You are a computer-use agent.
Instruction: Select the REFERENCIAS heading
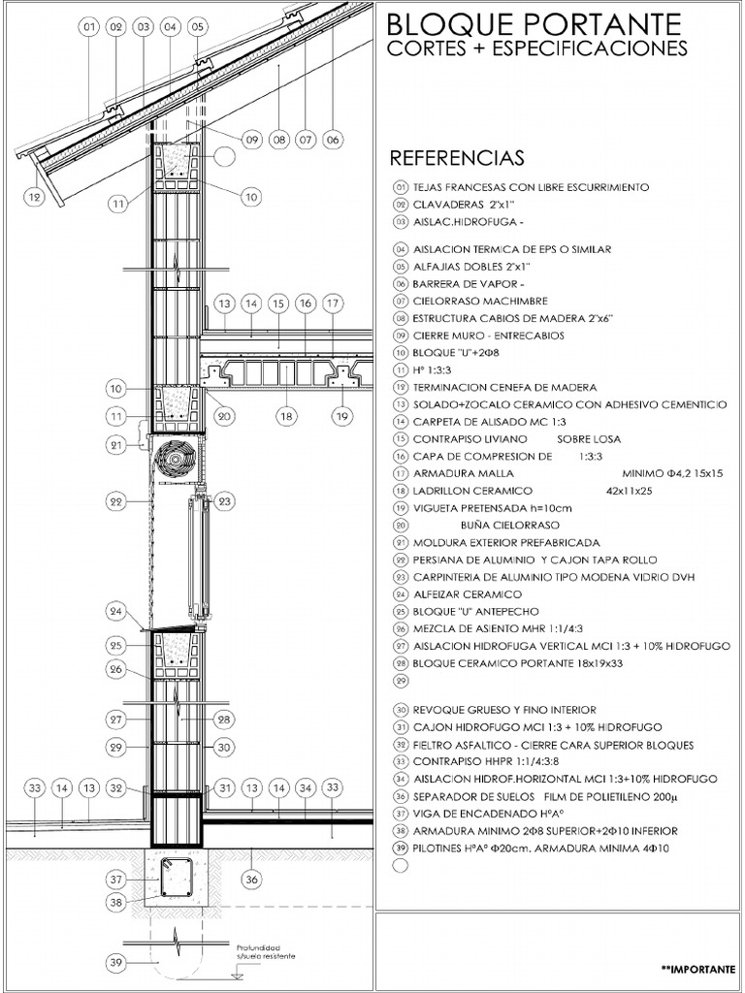pyautogui.click(x=456, y=158)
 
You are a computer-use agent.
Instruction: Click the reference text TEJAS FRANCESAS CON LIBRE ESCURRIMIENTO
pyautogui.click(x=531, y=187)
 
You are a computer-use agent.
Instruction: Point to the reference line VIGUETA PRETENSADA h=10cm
pyautogui.click(x=492, y=508)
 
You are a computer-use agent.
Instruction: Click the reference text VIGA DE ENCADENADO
pyautogui.click(x=489, y=815)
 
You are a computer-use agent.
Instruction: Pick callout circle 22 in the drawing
pyautogui.click(x=116, y=501)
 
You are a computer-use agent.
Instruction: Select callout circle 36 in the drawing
pyautogui.click(x=252, y=880)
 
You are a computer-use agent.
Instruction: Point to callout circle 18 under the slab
pyautogui.click(x=285, y=417)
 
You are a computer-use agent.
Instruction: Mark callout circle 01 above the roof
pyautogui.click(x=89, y=27)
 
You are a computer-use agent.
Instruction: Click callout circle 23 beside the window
pyautogui.click(x=225, y=501)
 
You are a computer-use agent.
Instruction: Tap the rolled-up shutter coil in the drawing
pyautogui.click(x=177, y=457)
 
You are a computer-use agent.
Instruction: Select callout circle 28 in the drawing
pyautogui.click(x=223, y=720)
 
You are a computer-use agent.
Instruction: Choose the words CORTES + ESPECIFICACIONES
pyautogui.click(x=536, y=48)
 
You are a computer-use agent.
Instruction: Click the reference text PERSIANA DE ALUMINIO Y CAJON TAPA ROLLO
pyautogui.click(x=534, y=560)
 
